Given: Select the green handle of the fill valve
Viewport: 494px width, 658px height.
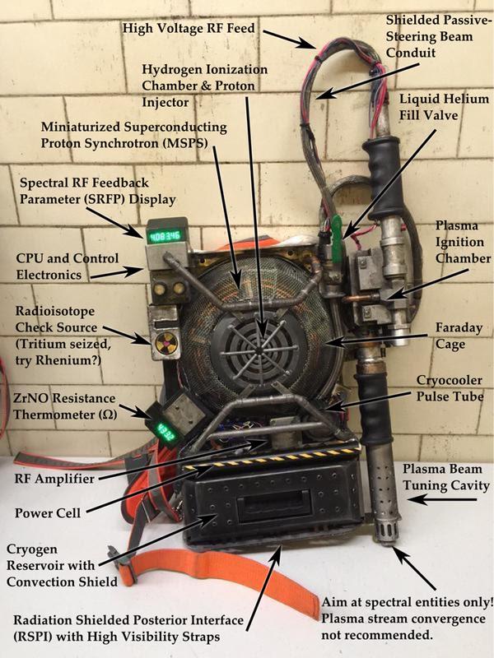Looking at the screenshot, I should (336, 239).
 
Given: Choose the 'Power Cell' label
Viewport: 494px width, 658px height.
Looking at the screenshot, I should (48, 513).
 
